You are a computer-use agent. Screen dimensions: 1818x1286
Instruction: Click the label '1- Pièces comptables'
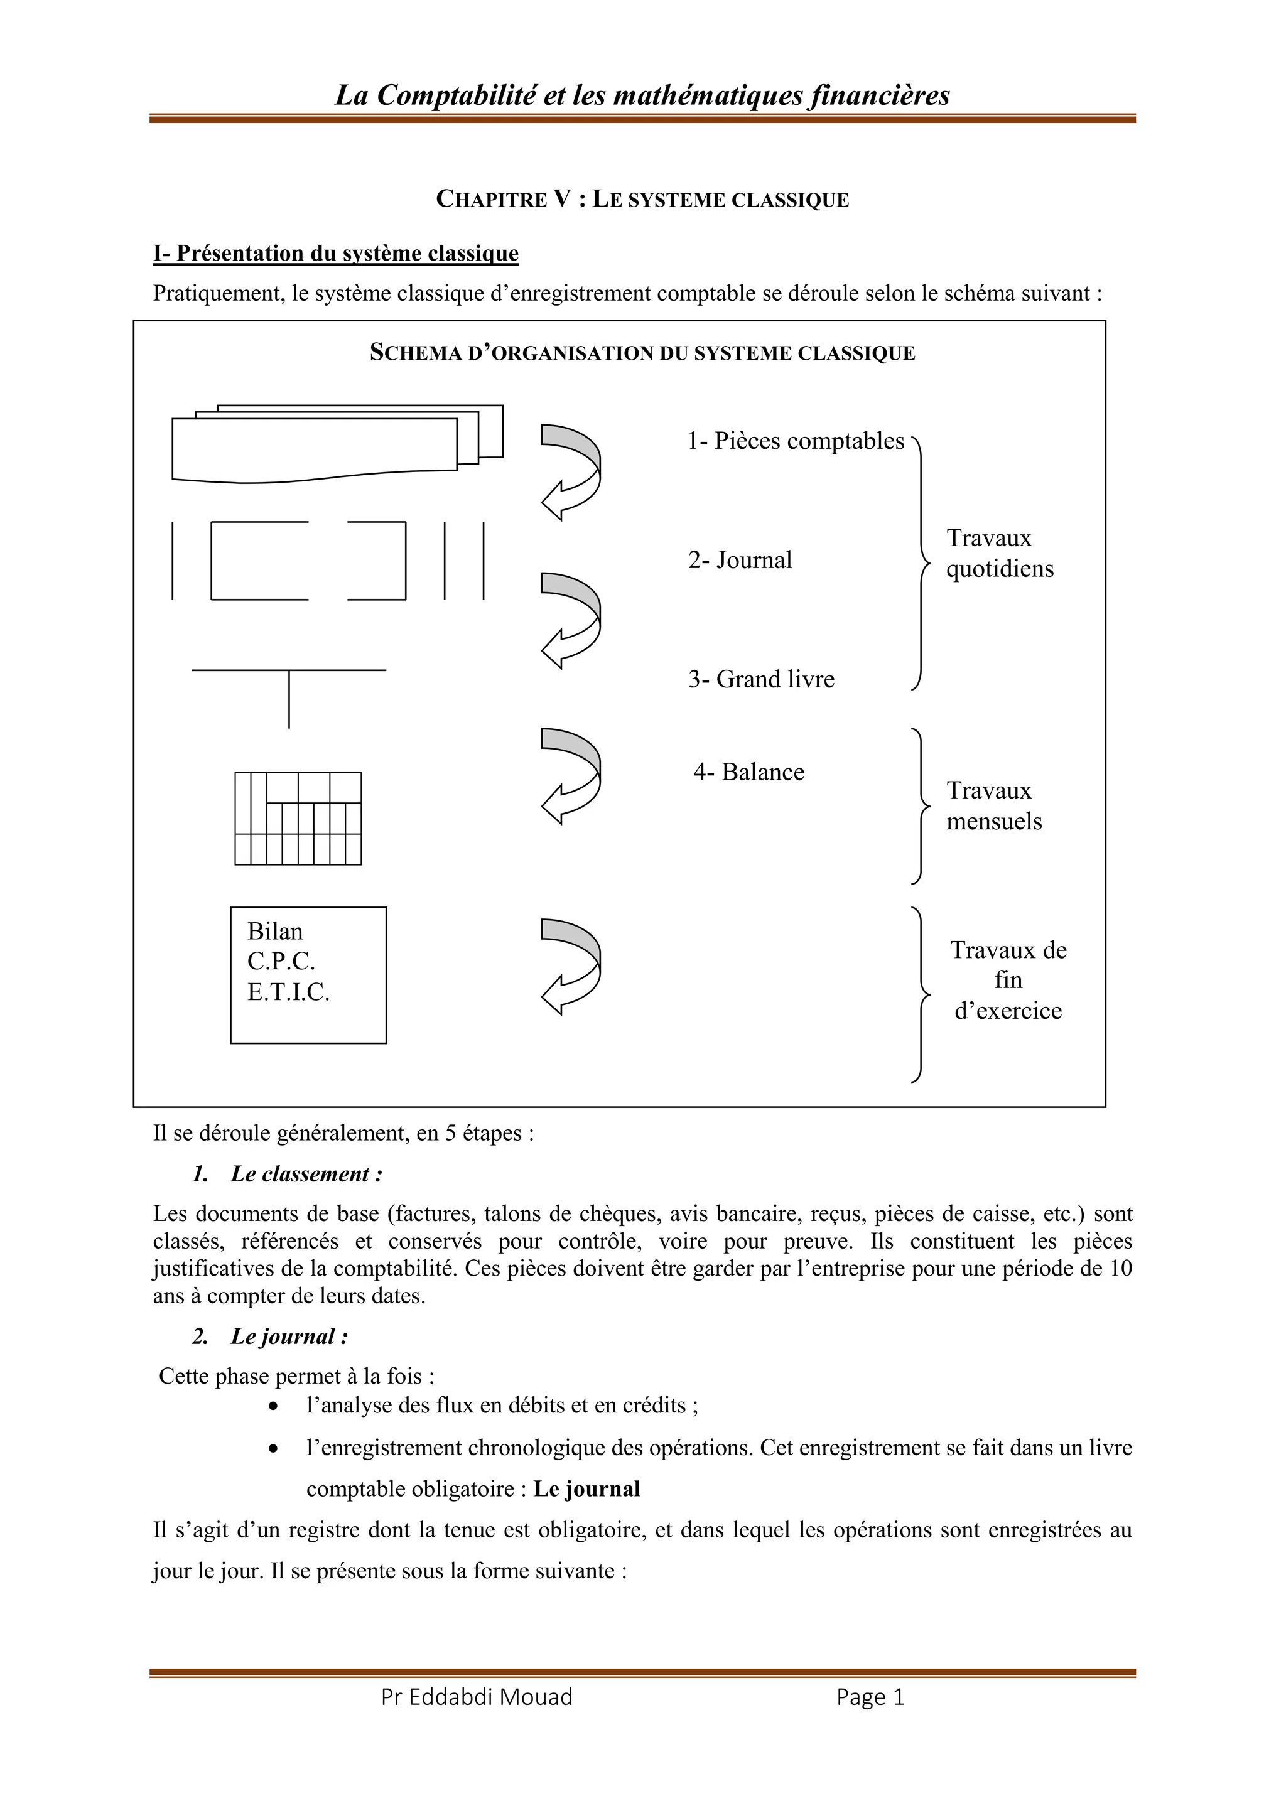[x=795, y=441]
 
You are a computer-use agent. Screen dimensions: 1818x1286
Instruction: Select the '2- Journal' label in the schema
[x=740, y=560]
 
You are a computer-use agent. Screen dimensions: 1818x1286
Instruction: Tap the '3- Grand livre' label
[x=761, y=679]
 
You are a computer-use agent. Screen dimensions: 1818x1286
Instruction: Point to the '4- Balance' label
[x=748, y=772]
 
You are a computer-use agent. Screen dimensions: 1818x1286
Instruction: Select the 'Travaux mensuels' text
[x=994, y=806]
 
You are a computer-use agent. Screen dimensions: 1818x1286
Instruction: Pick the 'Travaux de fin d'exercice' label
[x=1008, y=981]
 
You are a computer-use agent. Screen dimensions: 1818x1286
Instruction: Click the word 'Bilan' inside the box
[x=275, y=931]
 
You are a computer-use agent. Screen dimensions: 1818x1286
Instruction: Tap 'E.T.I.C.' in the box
[x=288, y=991]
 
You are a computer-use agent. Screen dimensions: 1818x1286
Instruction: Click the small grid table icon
[x=298, y=818]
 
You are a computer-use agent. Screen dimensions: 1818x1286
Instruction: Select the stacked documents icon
[x=337, y=443]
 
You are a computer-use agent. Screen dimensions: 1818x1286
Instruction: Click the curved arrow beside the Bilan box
[x=571, y=966]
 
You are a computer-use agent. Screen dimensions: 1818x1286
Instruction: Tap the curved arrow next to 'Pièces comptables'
[x=571, y=472]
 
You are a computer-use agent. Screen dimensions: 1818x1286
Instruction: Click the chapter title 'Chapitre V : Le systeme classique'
[x=642, y=200]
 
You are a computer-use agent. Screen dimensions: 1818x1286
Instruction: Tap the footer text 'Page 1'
[x=870, y=1697]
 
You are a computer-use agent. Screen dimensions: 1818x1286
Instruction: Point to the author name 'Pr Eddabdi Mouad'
[x=477, y=1697]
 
